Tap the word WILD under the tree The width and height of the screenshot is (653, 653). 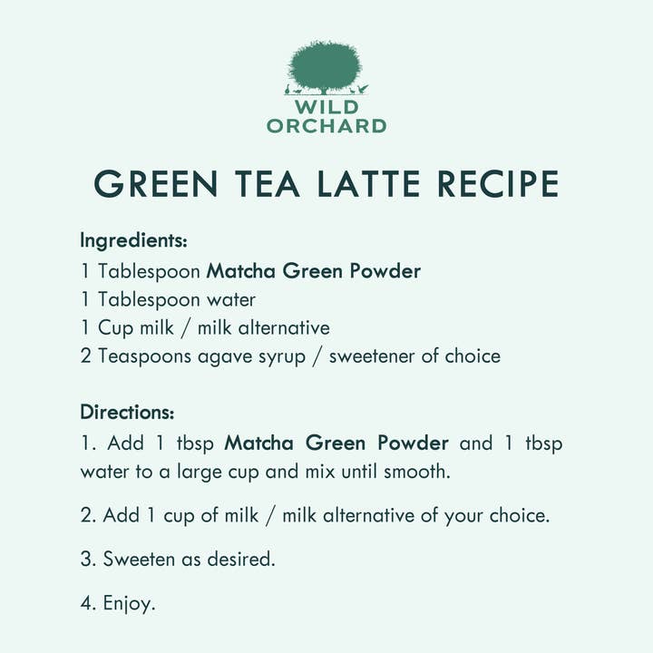326,107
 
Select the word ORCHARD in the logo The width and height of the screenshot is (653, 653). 326,126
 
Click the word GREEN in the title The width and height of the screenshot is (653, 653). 156,183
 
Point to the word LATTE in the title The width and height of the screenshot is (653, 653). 368,183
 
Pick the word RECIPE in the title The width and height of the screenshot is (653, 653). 498,183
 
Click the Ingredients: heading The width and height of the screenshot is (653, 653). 133,241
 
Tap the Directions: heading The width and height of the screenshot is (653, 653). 127,413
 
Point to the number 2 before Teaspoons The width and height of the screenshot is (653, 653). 85,356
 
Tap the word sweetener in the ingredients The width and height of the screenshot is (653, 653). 372,357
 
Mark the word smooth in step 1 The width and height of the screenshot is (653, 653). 417,472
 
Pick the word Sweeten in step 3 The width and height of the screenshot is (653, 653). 139,559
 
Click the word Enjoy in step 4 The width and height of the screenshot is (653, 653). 128,604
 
